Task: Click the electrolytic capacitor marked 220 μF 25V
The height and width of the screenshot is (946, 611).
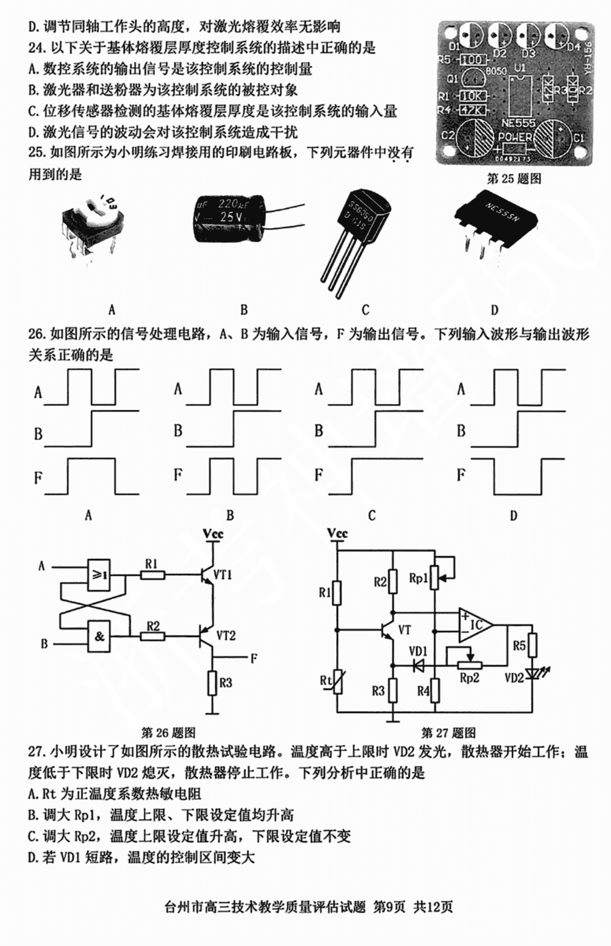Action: pyautogui.click(x=227, y=219)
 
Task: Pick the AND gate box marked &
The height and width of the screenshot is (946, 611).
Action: pyautogui.click(x=99, y=636)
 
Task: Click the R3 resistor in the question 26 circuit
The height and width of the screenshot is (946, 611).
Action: pyautogui.click(x=213, y=683)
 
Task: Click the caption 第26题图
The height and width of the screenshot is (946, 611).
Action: pyautogui.click(x=168, y=733)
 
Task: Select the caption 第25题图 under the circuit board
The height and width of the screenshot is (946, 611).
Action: pyautogui.click(x=515, y=179)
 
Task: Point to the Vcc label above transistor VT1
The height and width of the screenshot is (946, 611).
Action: pyautogui.click(x=213, y=534)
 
